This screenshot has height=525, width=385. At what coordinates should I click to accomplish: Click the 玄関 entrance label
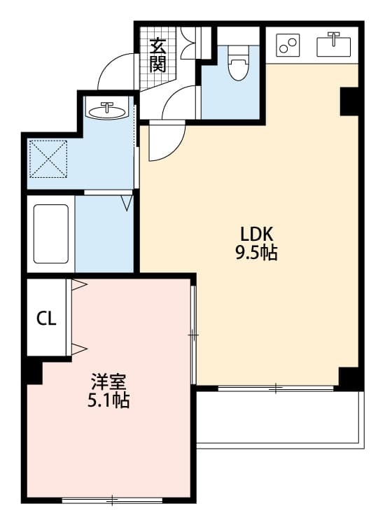pos(157,55)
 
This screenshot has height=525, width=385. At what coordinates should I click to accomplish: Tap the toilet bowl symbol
pos(238,64)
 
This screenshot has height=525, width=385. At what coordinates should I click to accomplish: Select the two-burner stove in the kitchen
pos(288,45)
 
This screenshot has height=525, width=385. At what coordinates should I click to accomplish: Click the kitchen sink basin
pos(333,45)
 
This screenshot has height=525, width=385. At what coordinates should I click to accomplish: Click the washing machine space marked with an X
pos(48,159)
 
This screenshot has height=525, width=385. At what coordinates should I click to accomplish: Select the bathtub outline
pos(51,234)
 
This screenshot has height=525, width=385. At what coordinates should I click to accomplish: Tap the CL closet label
pos(46,318)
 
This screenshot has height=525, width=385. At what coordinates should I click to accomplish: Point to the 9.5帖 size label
pos(257,253)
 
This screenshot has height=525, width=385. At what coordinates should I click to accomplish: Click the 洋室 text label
pos(108,381)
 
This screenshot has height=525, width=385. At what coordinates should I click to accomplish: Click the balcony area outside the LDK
pos(280,419)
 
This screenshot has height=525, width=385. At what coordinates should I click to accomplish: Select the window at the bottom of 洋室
pos(113,500)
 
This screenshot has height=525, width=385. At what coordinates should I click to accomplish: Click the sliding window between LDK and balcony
pos(276,388)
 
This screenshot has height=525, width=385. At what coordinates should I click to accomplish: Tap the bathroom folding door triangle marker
pos(127,203)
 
